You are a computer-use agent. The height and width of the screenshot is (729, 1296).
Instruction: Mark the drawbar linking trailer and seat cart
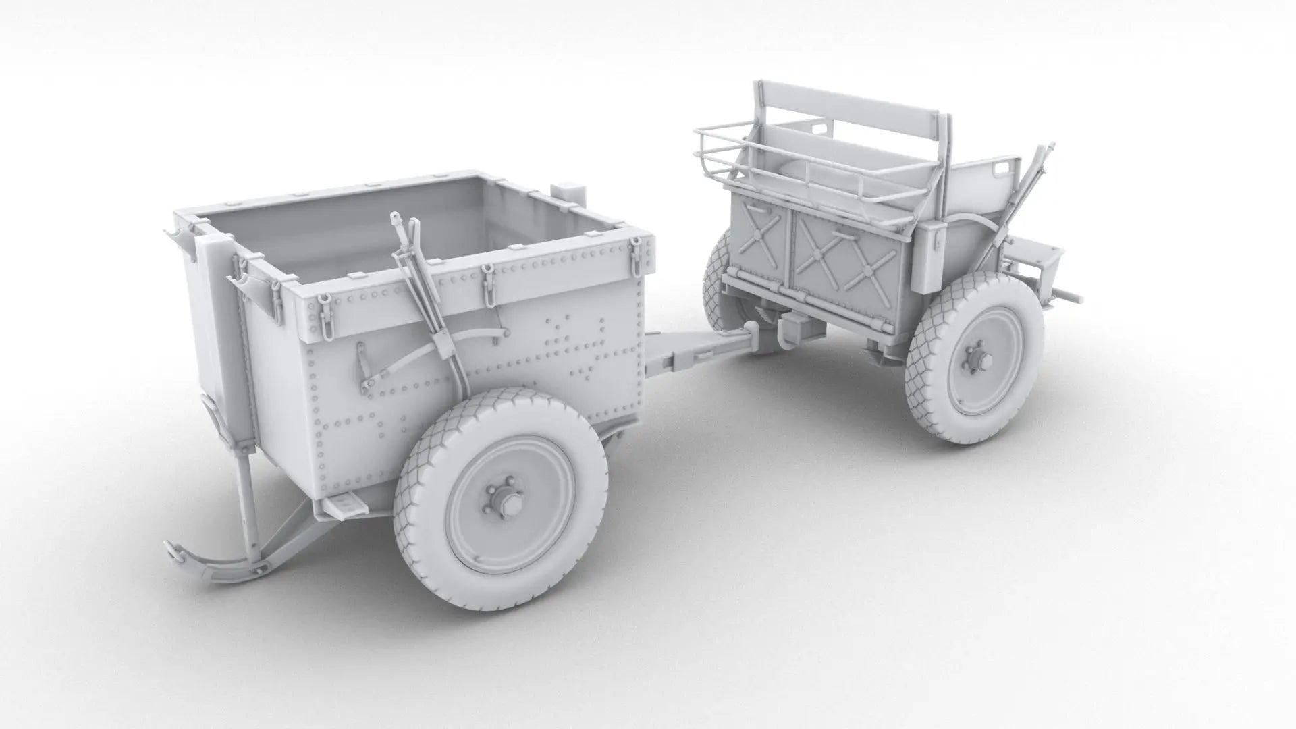point(695,351)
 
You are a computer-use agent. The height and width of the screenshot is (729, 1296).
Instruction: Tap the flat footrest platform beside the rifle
point(1036,256)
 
